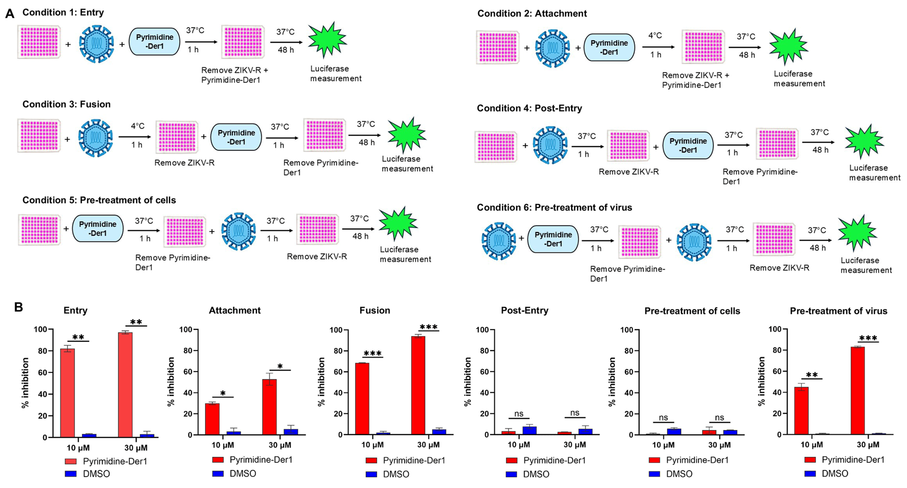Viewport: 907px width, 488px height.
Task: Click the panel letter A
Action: pyautogui.click(x=10, y=13)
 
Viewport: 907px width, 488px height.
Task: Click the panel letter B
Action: pyautogui.click(x=18, y=307)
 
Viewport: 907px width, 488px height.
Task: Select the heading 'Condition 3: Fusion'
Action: pyautogui.click(x=67, y=104)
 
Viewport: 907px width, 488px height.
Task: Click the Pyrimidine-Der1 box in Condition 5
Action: pyautogui.click(x=98, y=228)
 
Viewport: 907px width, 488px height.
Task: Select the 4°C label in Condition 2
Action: pyautogui.click(x=655, y=36)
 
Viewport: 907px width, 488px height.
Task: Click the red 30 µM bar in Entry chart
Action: pyautogui.click(x=125, y=385)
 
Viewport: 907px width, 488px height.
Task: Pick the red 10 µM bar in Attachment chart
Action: pyautogui.click(x=212, y=419)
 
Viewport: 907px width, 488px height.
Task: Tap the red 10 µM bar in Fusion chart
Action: pyautogui.click(x=362, y=399)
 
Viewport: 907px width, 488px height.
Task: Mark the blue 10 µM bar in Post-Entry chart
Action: pyautogui.click(x=529, y=430)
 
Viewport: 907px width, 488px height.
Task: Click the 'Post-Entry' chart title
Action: pyautogui.click(x=524, y=310)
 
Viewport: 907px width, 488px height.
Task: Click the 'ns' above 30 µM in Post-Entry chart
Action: pyautogui.click(x=575, y=413)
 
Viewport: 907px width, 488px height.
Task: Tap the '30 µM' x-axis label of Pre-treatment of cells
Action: pyautogui.click(x=719, y=445)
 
